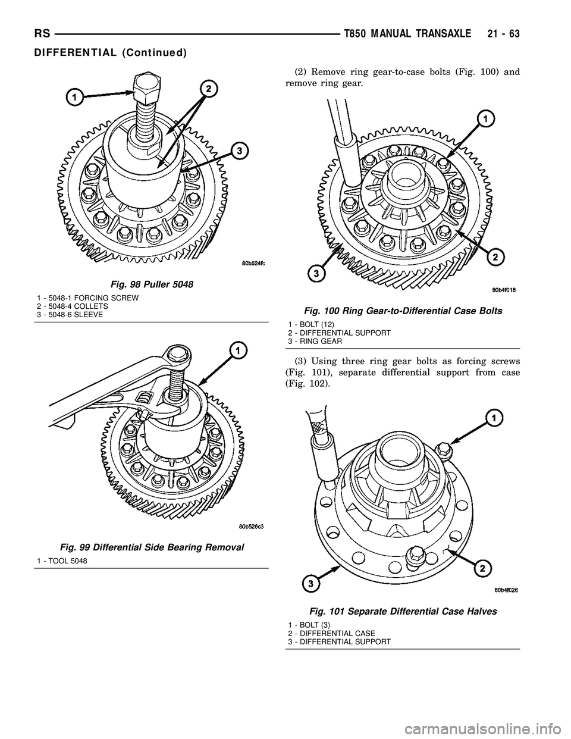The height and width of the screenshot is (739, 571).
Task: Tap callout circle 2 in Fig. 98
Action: point(208,90)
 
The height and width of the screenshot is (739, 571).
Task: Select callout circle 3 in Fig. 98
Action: point(239,152)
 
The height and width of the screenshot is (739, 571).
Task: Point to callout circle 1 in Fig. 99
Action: point(237,352)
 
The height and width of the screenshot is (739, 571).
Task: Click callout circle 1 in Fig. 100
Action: point(486,120)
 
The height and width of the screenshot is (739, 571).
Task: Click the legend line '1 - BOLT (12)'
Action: point(311,324)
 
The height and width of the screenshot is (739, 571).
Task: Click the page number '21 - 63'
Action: point(501,35)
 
